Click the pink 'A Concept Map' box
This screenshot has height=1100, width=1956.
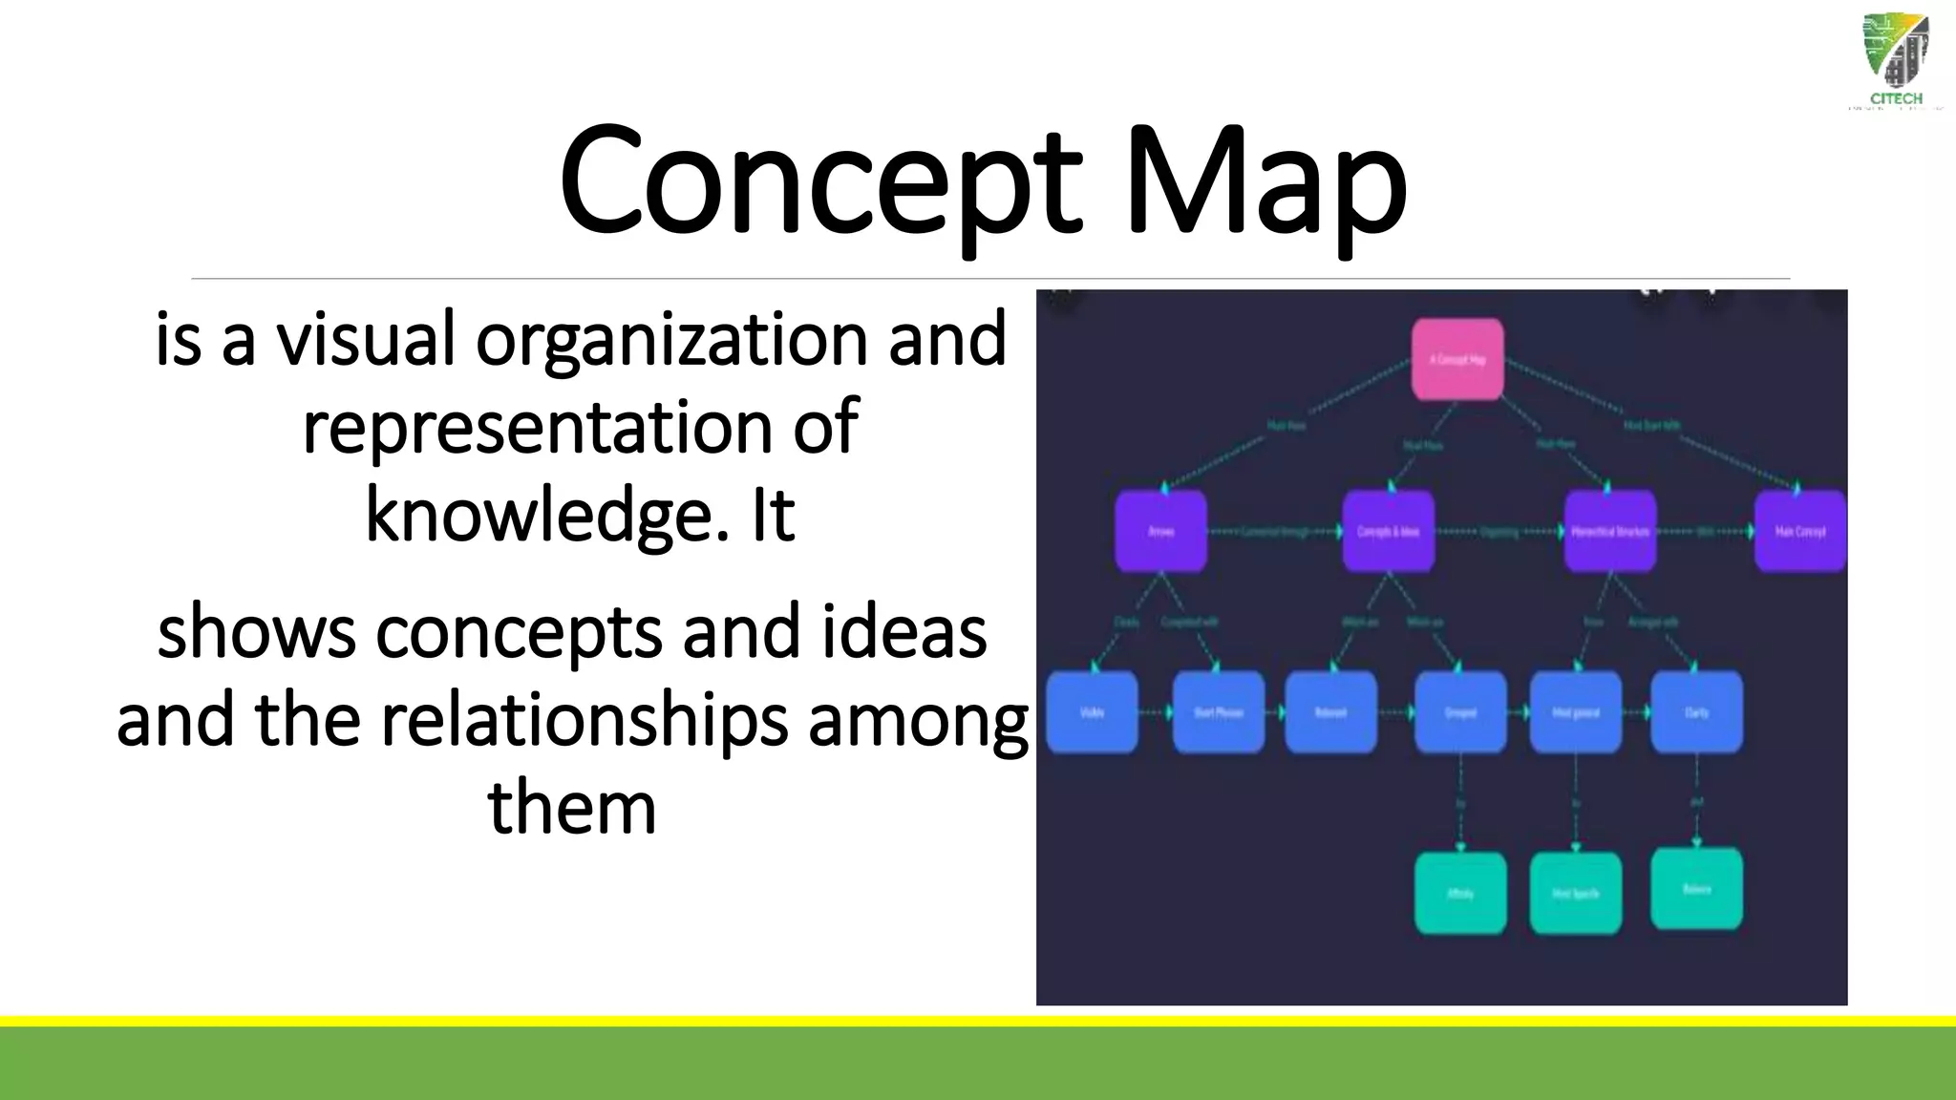coord(1457,360)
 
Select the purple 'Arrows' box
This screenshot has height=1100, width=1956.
coord(1160,532)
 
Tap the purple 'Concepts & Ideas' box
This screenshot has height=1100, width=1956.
coord(1389,532)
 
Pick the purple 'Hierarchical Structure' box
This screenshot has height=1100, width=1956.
coord(1609,532)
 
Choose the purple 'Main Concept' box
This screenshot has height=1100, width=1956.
coord(1800,532)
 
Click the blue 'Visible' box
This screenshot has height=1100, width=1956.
coord(1092,712)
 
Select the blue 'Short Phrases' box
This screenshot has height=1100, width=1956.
coord(1219,712)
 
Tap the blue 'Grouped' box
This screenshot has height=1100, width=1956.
coord(1460,712)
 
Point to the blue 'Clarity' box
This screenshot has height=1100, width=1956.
coord(1696,712)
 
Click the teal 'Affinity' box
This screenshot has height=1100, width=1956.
coord(1460,894)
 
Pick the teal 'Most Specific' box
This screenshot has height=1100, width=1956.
coord(1575,894)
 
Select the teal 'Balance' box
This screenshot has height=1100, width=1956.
coord(1696,889)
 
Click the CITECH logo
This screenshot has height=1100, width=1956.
coord(1896,62)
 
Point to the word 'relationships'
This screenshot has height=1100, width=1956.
coord(585,720)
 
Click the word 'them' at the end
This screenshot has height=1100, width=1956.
coord(572,808)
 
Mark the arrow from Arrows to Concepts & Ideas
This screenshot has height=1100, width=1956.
coord(1275,532)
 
